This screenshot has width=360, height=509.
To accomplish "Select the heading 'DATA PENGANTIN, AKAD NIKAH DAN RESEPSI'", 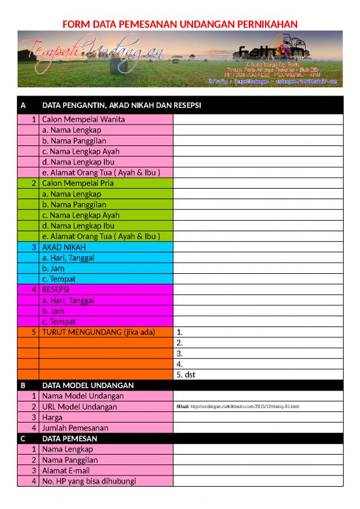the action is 121,105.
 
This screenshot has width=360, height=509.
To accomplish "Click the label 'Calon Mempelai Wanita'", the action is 83,119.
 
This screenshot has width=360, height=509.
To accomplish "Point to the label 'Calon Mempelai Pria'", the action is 78,183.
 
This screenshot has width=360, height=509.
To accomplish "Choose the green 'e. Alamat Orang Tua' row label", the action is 101,236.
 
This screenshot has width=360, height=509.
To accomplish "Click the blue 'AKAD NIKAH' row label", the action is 63,247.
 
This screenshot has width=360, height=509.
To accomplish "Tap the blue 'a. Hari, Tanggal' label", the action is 68,257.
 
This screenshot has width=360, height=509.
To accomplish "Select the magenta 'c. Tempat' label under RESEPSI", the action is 59,322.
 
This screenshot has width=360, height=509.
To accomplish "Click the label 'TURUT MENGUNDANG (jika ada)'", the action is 98,332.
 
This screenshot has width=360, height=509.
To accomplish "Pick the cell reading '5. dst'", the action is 187,375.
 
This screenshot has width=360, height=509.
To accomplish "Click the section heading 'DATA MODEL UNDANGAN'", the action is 88,385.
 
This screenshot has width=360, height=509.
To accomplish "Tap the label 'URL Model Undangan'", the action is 79,407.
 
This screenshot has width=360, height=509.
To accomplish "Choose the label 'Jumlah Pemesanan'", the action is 75,428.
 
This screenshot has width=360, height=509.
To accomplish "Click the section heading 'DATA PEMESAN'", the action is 69,438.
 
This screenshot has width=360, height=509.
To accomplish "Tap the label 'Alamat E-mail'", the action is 68,470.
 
